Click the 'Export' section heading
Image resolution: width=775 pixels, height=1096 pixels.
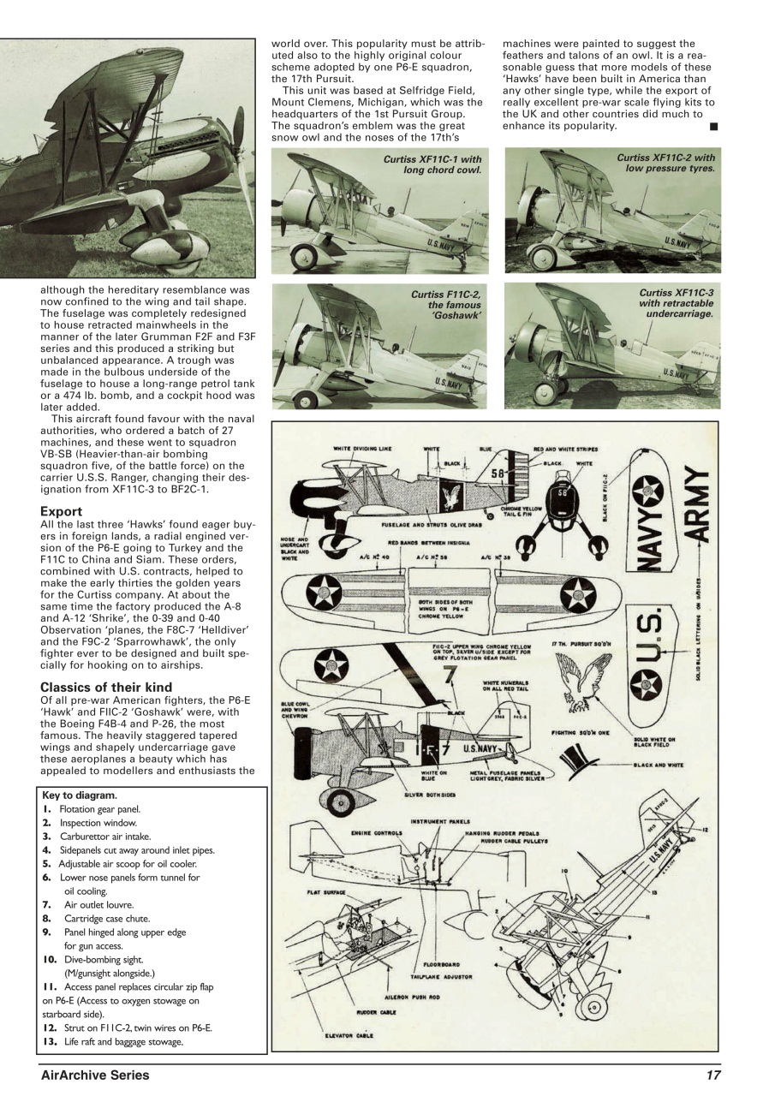point(61,511)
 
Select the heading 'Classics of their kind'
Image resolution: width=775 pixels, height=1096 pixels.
point(106,687)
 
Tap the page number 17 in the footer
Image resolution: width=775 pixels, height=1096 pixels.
point(712,1075)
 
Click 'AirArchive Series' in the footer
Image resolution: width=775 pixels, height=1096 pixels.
point(95,1075)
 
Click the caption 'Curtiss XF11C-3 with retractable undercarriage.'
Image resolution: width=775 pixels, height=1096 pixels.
point(676,303)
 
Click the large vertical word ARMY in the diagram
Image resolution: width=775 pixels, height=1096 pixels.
point(697,510)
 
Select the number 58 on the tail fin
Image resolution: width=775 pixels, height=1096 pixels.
point(498,473)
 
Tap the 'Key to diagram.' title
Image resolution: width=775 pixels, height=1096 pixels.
point(79,795)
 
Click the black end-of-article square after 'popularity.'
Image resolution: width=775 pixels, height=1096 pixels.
point(713,126)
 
